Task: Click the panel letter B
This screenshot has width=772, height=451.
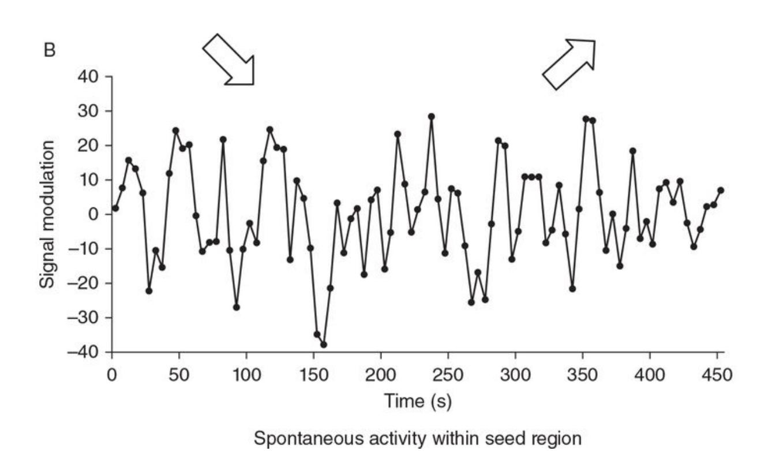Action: (x=50, y=50)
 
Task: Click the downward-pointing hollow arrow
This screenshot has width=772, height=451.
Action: (x=229, y=60)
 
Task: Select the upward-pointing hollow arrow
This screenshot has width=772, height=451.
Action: (x=569, y=64)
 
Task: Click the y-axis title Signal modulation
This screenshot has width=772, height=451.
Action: (x=49, y=214)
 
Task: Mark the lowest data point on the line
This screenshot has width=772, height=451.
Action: (x=324, y=345)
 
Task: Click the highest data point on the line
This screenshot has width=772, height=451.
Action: (x=431, y=117)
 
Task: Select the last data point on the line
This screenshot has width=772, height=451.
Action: (x=721, y=190)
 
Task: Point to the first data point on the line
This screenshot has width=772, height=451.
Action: (x=115, y=208)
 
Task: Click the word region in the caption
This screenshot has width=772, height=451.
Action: (x=550, y=437)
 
